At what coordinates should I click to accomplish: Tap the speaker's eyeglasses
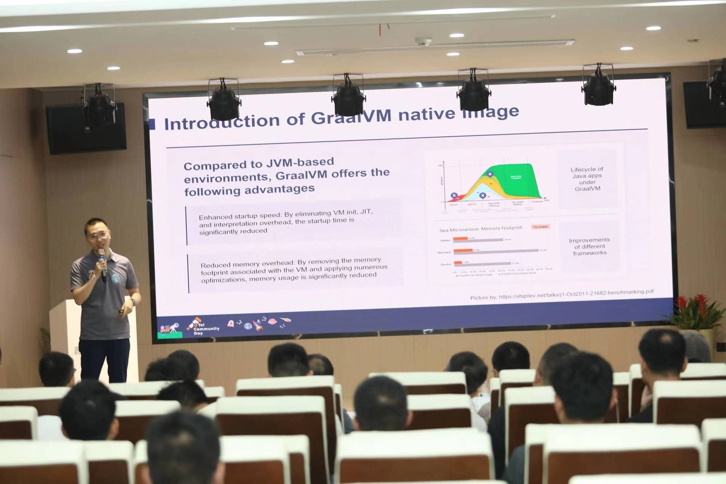(x=97, y=236)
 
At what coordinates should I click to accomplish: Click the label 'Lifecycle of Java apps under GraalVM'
(x=587, y=179)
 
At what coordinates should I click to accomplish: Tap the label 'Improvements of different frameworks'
(x=589, y=246)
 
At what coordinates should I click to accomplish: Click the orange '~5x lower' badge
(x=540, y=226)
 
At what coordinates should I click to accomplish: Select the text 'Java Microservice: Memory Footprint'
(x=480, y=229)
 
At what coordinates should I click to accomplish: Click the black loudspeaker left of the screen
(x=86, y=129)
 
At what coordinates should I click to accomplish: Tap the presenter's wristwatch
(x=133, y=302)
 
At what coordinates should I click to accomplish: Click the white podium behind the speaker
(x=68, y=333)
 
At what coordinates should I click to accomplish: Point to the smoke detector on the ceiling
(x=423, y=41)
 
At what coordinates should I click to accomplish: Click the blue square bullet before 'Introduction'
(x=152, y=124)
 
